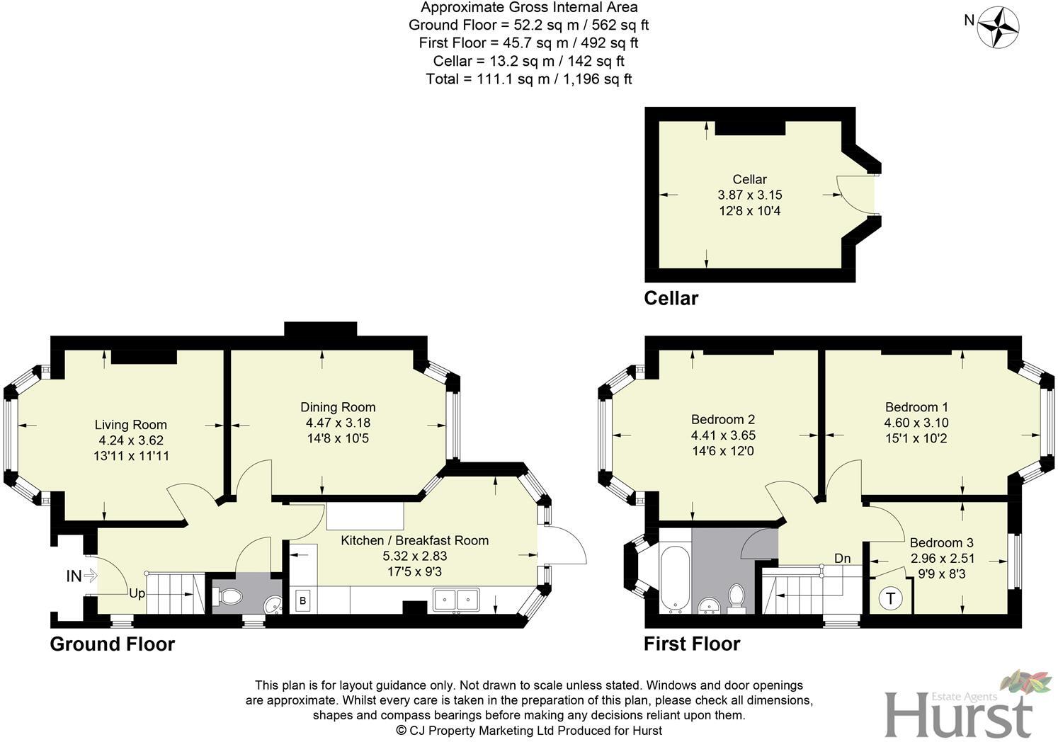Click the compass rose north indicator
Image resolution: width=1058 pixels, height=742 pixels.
click(998, 26)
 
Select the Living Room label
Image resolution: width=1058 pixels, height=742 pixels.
click(131, 425)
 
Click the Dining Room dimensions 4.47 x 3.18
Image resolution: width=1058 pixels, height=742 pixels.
click(338, 423)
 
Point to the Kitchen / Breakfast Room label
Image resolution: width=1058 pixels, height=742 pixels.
click(414, 540)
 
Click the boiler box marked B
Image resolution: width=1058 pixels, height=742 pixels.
click(303, 600)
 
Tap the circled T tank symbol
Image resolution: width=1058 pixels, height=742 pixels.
click(890, 598)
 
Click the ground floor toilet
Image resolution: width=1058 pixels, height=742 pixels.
click(229, 598)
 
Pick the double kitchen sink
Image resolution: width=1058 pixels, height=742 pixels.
click(456, 600)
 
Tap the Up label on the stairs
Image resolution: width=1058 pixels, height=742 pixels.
click(137, 593)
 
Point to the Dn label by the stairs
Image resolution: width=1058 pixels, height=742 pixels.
click(842, 559)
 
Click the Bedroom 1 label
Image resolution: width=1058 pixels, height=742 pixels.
click(916, 407)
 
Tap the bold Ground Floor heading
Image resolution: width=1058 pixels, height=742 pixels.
click(112, 644)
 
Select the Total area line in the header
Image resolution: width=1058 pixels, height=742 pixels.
click(528, 79)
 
